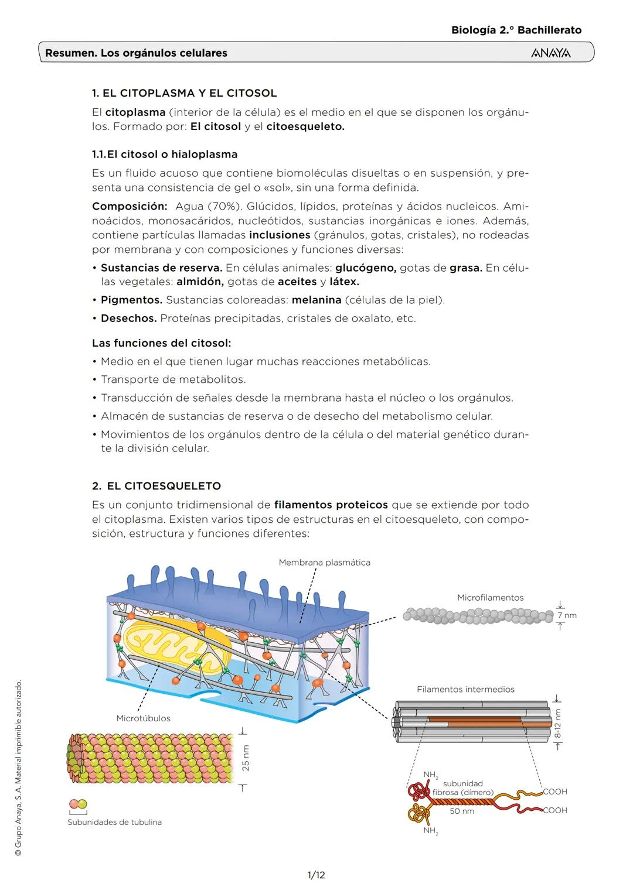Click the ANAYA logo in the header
click(550, 53)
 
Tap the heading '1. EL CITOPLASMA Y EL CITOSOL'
click(184, 93)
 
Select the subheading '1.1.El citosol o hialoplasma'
click(165, 155)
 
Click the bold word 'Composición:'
click(130, 207)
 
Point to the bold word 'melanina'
click(316, 300)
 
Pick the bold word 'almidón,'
click(200, 282)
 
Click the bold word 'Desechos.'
click(128, 318)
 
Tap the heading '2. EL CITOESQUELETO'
click(156, 486)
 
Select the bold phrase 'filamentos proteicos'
click(331, 505)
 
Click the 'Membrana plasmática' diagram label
click(324, 563)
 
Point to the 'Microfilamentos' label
click(490, 598)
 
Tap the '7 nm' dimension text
click(567, 615)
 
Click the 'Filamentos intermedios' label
click(465, 690)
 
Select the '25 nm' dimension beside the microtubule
click(246, 758)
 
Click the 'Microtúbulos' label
click(143, 718)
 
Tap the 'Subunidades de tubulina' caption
click(114, 822)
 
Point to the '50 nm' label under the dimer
click(462, 811)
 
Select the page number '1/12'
click(316, 875)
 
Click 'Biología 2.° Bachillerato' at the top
click(516, 30)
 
